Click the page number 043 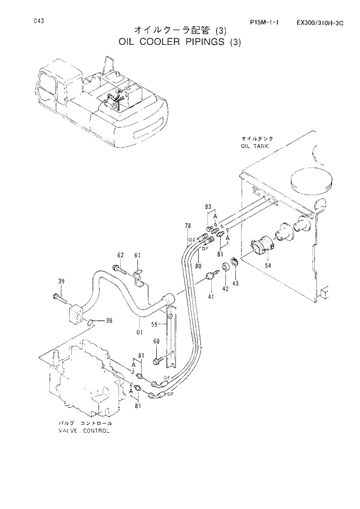[x=39, y=21]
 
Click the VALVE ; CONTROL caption [x=84, y=431]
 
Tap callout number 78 [x=188, y=225]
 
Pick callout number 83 [x=208, y=207]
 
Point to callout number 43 [x=235, y=283]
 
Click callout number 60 [x=156, y=341]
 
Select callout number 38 [x=109, y=320]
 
